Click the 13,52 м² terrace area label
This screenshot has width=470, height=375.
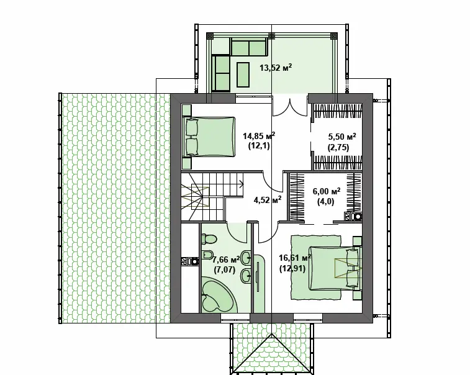click(276, 68)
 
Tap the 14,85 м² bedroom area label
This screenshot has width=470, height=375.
click(259, 137)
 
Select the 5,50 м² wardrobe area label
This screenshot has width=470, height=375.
click(342, 137)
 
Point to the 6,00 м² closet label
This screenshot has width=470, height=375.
click(327, 191)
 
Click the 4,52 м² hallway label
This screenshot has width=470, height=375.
click(268, 200)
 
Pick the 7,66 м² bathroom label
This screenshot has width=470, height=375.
click(226, 259)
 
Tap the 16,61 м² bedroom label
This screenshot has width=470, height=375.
click(295, 258)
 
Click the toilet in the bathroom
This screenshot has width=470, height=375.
click(209, 239)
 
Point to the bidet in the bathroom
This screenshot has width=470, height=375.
click(207, 255)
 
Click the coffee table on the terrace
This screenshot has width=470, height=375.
click(243, 75)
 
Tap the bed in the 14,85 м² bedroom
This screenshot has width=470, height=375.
click(210, 137)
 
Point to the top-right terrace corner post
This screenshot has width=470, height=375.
click(333, 36)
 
